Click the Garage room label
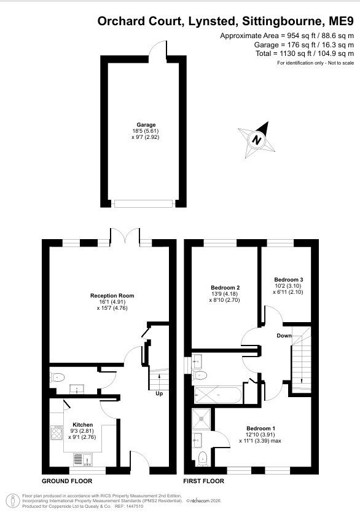pos(146,125)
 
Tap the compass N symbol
pos(257,140)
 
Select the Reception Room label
pos(112,296)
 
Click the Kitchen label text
pos(83,425)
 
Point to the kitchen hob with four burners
pos(57,432)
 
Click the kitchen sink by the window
pos(83,459)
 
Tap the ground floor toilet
pos(57,377)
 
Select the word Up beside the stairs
pos(159,393)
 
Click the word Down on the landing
pos(284,336)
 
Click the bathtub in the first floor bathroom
pos(218,395)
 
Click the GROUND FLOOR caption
pos(67,481)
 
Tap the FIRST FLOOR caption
pos(203,481)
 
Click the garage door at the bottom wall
pos(144,203)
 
